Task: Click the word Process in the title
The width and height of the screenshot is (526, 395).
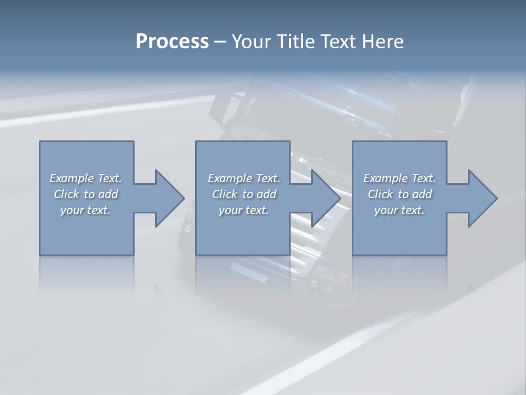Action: [x=172, y=42]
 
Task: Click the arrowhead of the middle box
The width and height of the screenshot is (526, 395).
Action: [x=325, y=198]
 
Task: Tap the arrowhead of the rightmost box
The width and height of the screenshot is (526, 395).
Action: [x=482, y=198]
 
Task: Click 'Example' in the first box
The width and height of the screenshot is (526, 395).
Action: [x=71, y=178]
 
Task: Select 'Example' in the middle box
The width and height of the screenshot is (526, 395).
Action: [x=230, y=178]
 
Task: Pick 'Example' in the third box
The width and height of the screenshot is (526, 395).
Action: [x=385, y=178]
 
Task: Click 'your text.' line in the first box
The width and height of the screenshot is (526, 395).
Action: [x=85, y=210]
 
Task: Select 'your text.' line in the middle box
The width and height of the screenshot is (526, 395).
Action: [x=244, y=210]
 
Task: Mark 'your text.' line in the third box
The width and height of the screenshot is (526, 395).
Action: [x=399, y=210]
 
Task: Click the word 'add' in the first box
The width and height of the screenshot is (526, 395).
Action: [x=108, y=194]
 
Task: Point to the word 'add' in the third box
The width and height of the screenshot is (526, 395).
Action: [x=422, y=194]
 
